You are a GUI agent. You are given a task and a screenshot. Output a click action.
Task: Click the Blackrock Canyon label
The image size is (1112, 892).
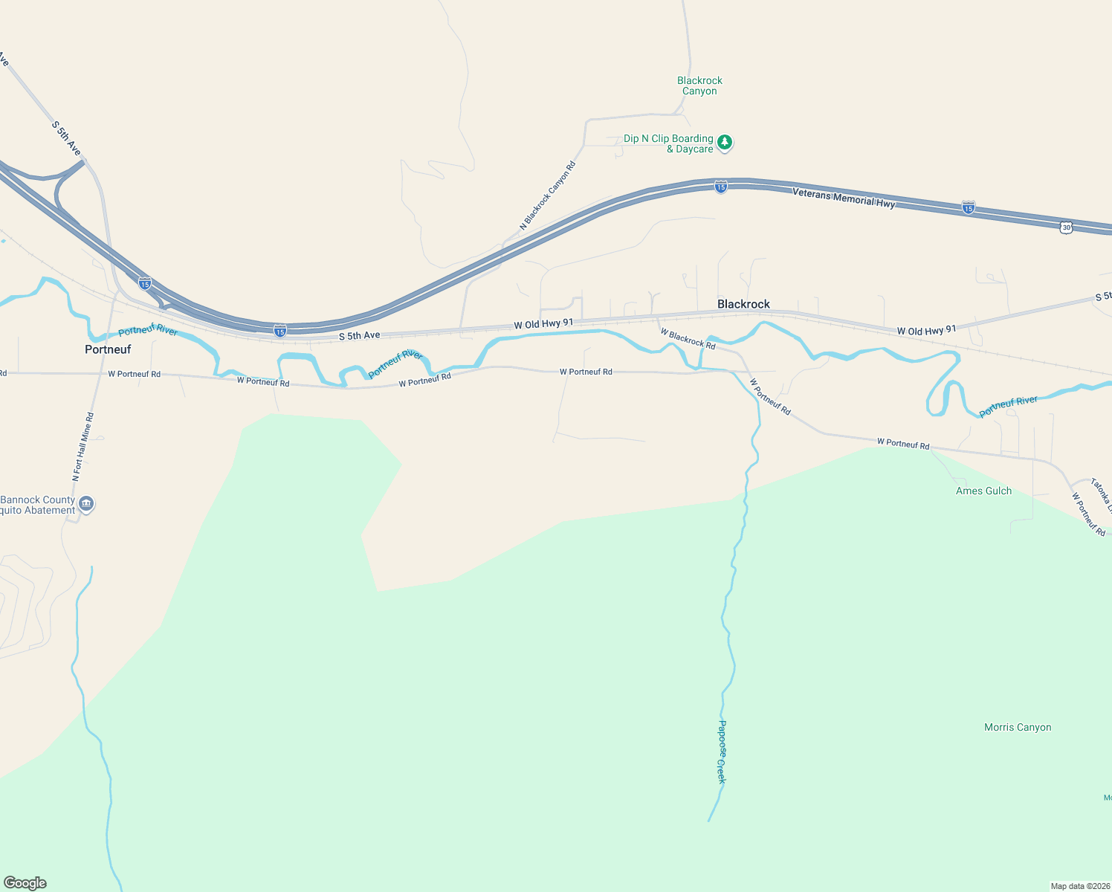699,85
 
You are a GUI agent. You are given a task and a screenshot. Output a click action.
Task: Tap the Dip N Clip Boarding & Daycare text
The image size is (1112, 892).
668,143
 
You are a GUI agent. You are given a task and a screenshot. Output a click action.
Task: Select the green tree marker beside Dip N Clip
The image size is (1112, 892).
725,142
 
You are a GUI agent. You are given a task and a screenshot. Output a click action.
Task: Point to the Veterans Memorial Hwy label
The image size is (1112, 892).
844,198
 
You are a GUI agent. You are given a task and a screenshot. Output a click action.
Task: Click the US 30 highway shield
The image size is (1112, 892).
1067,227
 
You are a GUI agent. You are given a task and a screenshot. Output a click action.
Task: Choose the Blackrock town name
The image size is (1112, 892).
743,304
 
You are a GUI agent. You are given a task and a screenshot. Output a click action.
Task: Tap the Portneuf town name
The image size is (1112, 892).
108,349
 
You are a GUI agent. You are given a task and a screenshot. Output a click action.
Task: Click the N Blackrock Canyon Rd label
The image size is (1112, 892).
548,196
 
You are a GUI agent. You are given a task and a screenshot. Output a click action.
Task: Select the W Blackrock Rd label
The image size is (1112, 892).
688,339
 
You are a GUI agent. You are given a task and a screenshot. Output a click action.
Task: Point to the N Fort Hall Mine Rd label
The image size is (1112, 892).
83,447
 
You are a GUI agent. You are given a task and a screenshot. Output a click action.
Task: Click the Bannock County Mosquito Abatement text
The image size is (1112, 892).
38,505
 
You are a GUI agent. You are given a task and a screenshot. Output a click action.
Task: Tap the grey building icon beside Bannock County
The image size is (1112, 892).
86,505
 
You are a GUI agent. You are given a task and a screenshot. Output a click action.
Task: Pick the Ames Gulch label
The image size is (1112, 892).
983,491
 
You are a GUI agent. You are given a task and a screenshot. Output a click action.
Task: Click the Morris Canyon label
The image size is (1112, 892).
1018,728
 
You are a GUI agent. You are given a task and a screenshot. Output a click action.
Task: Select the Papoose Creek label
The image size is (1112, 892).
721,752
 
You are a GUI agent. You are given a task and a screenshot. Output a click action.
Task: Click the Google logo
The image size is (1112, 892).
25,883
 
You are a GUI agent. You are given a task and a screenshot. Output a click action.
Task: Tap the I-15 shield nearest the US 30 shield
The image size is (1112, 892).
968,208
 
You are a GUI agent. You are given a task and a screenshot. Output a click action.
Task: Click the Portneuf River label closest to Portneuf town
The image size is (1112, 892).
148,330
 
